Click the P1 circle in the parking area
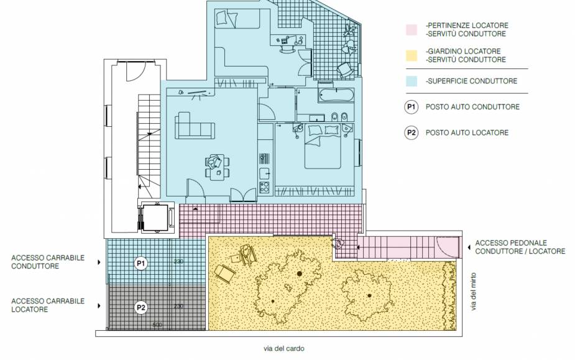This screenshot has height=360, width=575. pyautogui.click(x=141, y=264)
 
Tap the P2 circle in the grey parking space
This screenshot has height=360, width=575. pyautogui.click(x=141, y=307)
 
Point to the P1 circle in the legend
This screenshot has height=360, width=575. pyautogui.click(x=411, y=107)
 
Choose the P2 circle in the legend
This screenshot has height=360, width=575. pyautogui.click(x=411, y=132)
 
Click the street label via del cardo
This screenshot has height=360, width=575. pyautogui.click(x=283, y=349)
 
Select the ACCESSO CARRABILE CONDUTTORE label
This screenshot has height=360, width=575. pyautogui.click(x=47, y=262)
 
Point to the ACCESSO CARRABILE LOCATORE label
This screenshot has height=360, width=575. pyautogui.click(x=47, y=305)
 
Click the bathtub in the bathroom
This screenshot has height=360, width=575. pyautogui.click(x=336, y=96)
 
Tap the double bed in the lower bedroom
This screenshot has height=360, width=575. pyautogui.click(x=323, y=150)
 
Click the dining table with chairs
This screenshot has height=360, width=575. pyautogui.click(x=216, y=166)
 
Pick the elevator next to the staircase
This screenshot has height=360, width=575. pyautogui.click(x=153, y=217)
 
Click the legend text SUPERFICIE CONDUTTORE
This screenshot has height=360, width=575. pyautogui.click(x=471, y=81)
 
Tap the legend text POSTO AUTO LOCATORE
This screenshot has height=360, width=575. pyautogui.click(x=467, y=132)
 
